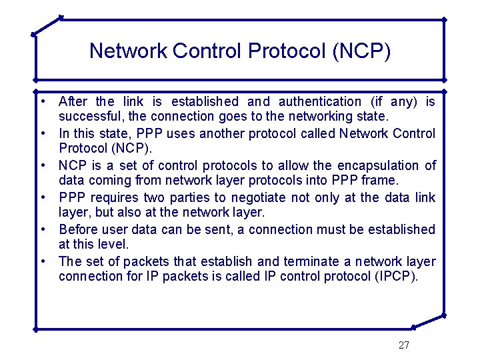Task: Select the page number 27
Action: [403, 345]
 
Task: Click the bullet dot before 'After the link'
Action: [41, 101]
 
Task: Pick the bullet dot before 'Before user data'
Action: [41, 229]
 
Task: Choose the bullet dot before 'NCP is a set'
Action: [41, 165]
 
